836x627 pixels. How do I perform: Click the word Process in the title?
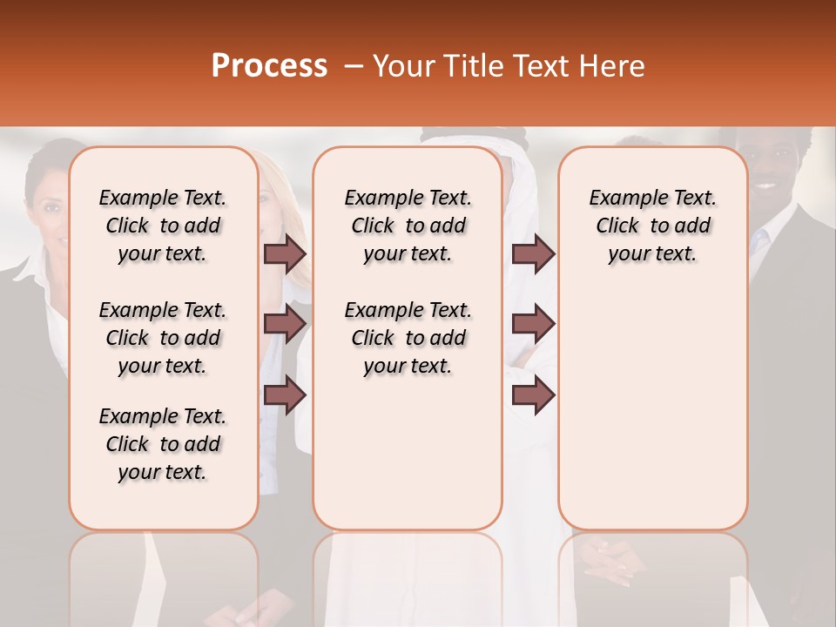tap(269, 66)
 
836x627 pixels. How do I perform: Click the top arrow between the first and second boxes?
tap(285, 253)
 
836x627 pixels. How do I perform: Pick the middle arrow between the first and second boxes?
tap(285, 324)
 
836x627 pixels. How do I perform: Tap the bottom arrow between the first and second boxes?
tap(285, 394)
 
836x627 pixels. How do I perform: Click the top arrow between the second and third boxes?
tap(533, 253)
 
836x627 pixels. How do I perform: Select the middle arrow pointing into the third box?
tap(533, 324)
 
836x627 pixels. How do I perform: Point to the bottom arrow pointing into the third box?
tap(533, 394)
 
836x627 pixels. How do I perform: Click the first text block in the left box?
tap(163, 226)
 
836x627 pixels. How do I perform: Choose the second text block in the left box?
tap(163, 338)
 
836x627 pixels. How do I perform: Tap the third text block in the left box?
tap(163, 444)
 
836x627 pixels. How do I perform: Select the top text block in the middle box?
tap(408, 226)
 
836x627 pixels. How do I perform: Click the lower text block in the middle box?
tap(408, 338)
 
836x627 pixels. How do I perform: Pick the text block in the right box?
tap(652, 226)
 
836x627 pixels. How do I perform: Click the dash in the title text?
tap(354, 66)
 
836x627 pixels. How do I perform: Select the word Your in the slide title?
tap(403, 66)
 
